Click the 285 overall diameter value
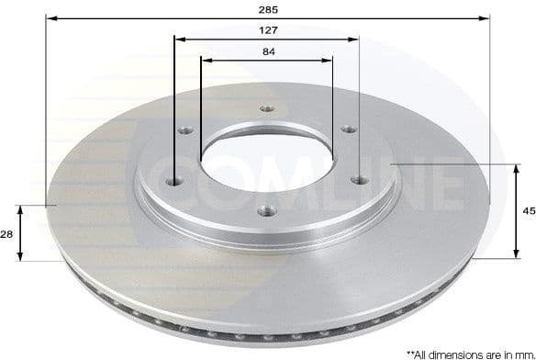(268, 8)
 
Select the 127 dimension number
(268, 29)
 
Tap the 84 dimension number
(268, 51)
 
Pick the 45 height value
(527, 211)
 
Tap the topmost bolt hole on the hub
(266, 108)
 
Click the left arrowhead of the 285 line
(50, 17)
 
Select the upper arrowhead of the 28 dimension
(25, 210)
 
